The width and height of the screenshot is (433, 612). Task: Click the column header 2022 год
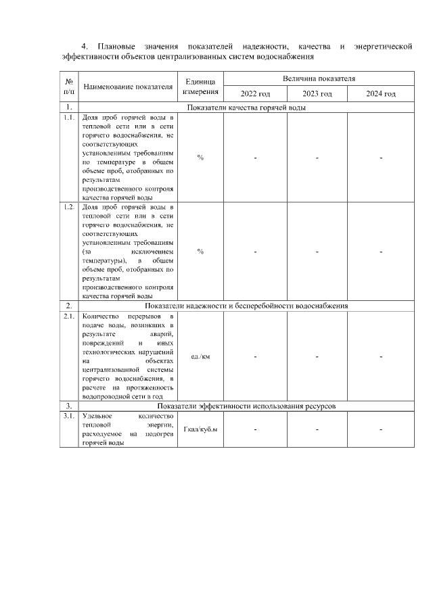pos(255,93)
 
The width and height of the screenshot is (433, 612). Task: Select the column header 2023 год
pos(317,93)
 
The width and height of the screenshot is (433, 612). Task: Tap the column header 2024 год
pos(380,93)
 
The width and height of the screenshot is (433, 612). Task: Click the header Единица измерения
pos(200,87)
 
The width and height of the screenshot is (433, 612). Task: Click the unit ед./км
pos(200,356)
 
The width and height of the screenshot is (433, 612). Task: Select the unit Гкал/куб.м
pos(200,429)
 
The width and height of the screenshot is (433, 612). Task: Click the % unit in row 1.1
pos(200,158)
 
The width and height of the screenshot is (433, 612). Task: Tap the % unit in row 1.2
pos(200,252)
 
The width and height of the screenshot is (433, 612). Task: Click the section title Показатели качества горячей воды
pos(246,108)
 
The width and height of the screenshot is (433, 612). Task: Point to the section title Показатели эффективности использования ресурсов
pos(246,406)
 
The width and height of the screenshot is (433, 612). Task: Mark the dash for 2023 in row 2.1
pos(317,356)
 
